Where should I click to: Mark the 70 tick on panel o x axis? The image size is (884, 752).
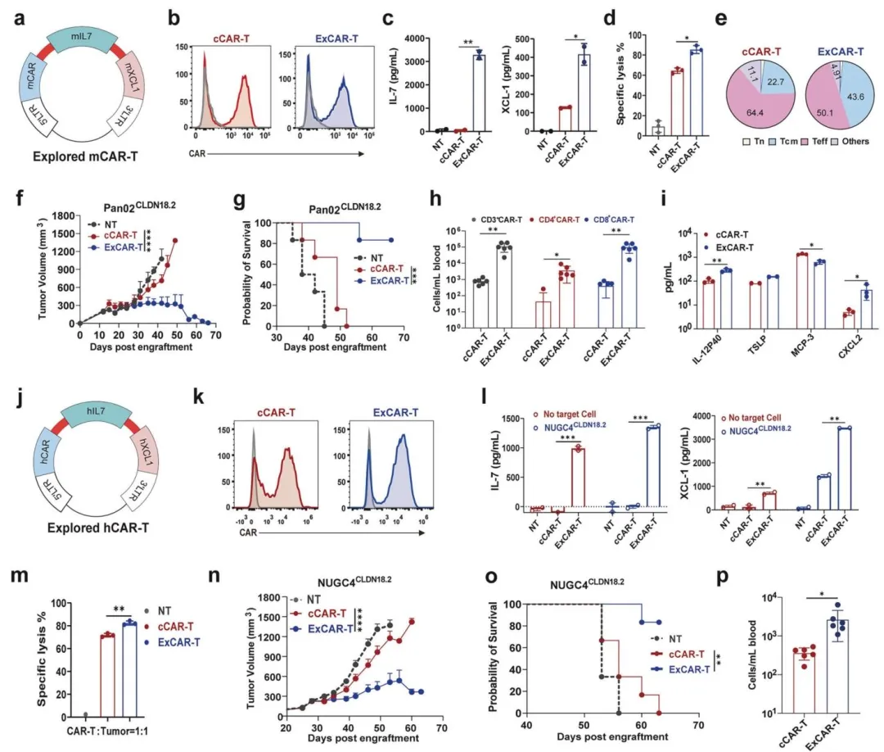point(697,724)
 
